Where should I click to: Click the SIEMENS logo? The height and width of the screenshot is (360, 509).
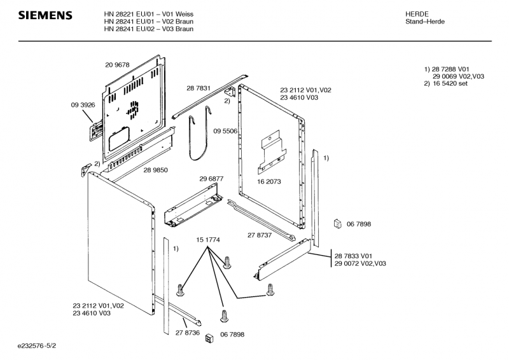45,15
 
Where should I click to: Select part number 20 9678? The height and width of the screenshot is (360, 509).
117,65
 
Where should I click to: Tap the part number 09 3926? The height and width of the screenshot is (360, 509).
83,105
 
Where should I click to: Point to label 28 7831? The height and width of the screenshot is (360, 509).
199,88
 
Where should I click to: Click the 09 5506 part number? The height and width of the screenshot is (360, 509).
225,131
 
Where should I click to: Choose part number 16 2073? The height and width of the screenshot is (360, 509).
269,181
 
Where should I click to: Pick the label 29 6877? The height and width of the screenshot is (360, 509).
211,179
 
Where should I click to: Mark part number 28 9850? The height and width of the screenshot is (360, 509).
156,170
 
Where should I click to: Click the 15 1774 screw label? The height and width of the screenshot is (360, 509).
208,240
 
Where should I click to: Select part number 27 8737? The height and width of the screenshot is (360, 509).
260,235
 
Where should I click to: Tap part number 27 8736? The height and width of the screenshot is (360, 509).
188,333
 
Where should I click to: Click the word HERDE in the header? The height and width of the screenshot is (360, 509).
417,14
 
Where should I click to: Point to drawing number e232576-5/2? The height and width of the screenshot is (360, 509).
37,346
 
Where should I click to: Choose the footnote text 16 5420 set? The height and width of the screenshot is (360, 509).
450,83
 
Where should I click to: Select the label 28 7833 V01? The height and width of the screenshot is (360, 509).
353,256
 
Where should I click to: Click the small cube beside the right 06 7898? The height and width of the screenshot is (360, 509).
338,224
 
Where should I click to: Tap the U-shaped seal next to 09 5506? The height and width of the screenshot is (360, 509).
199,133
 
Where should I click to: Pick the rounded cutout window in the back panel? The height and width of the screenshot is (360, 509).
119,139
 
